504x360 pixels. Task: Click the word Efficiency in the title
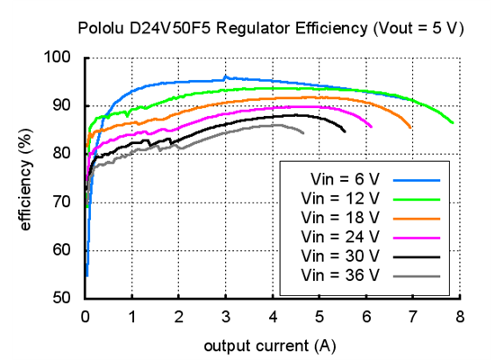click(314, 28)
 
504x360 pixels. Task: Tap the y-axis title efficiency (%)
click(25, 178)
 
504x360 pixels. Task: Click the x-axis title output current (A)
click(271, 346)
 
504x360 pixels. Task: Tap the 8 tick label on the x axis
click(460, 317)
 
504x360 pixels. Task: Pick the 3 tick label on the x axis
click(226, 317)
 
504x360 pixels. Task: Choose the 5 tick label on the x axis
click(319, 317)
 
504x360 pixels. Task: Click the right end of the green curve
click(453, 122)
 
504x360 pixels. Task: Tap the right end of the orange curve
click(411, 128)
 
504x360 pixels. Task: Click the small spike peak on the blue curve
click(226, 77)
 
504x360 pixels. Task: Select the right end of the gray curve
click(303, 133)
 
